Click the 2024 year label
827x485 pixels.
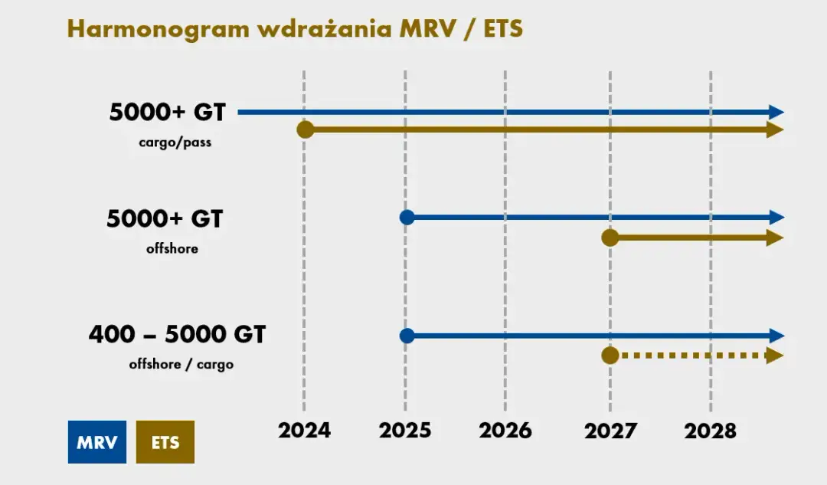tap(304, 430)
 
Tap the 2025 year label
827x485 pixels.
tap(404, 430)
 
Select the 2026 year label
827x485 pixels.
tap(505, 430)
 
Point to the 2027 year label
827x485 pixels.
tap(610, 430)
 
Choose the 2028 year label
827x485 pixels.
tap(710, 430)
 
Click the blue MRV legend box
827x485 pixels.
tap(97, 442)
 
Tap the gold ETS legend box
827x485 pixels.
tap(165, 442)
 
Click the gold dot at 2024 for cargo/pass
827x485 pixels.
tap(306, 129)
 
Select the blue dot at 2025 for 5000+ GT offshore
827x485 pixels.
tap(407, 217)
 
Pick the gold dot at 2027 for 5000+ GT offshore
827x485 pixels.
tap(610, 238)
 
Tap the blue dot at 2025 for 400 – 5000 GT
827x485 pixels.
tap(407, 336)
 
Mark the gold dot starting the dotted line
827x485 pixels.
tap(610, 356)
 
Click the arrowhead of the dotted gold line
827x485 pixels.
tap(775, 356)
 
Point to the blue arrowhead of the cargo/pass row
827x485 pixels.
tap(776, 112)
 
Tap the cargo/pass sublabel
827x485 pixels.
tap(175, 143)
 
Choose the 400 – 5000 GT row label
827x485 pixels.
tap(177, 335)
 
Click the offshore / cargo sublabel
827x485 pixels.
tap(181, 365)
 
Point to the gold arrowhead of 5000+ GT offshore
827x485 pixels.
tap(775, 238)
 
